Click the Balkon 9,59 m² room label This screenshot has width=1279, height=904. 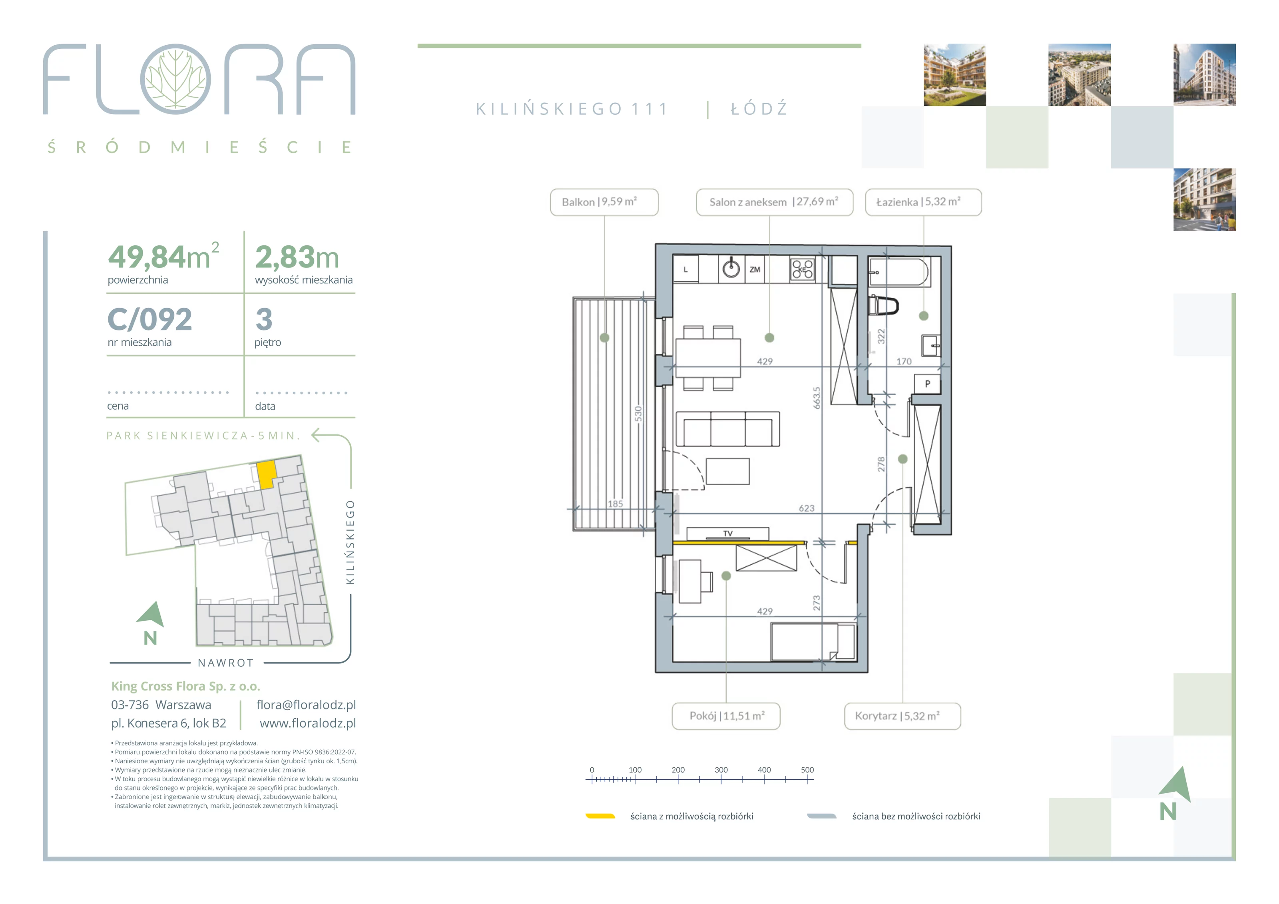[x=604, y=202]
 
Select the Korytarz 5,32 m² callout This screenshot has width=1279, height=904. [x=902, y=716]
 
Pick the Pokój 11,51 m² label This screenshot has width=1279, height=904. [x=726, y=716]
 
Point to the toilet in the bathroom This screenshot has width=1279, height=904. [x=883, y=305]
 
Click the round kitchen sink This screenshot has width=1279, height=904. [x=731, y=269]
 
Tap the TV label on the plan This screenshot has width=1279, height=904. [x=727, y=534]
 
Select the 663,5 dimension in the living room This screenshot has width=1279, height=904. [x=817, y=398]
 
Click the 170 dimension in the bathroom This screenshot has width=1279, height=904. [x=904, y=362]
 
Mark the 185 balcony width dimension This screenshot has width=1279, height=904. [x=615, y=504]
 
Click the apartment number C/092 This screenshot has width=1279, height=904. [x=150, y=319]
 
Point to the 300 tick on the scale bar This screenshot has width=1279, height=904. [x=721, y=770]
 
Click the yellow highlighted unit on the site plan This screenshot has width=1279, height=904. [x=266, y=474]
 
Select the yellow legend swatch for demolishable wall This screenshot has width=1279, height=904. [x=600, y=816]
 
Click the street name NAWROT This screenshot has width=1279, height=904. [x=225, y=663]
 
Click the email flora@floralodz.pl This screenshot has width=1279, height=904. [x=306, y=705]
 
